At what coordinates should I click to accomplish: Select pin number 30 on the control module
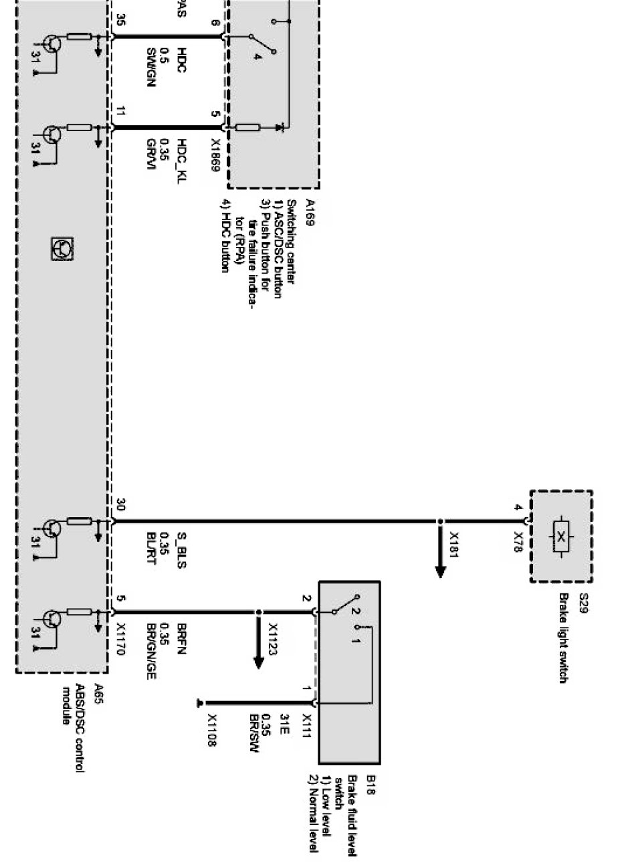(120, 504)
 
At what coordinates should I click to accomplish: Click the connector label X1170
(120, 639)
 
